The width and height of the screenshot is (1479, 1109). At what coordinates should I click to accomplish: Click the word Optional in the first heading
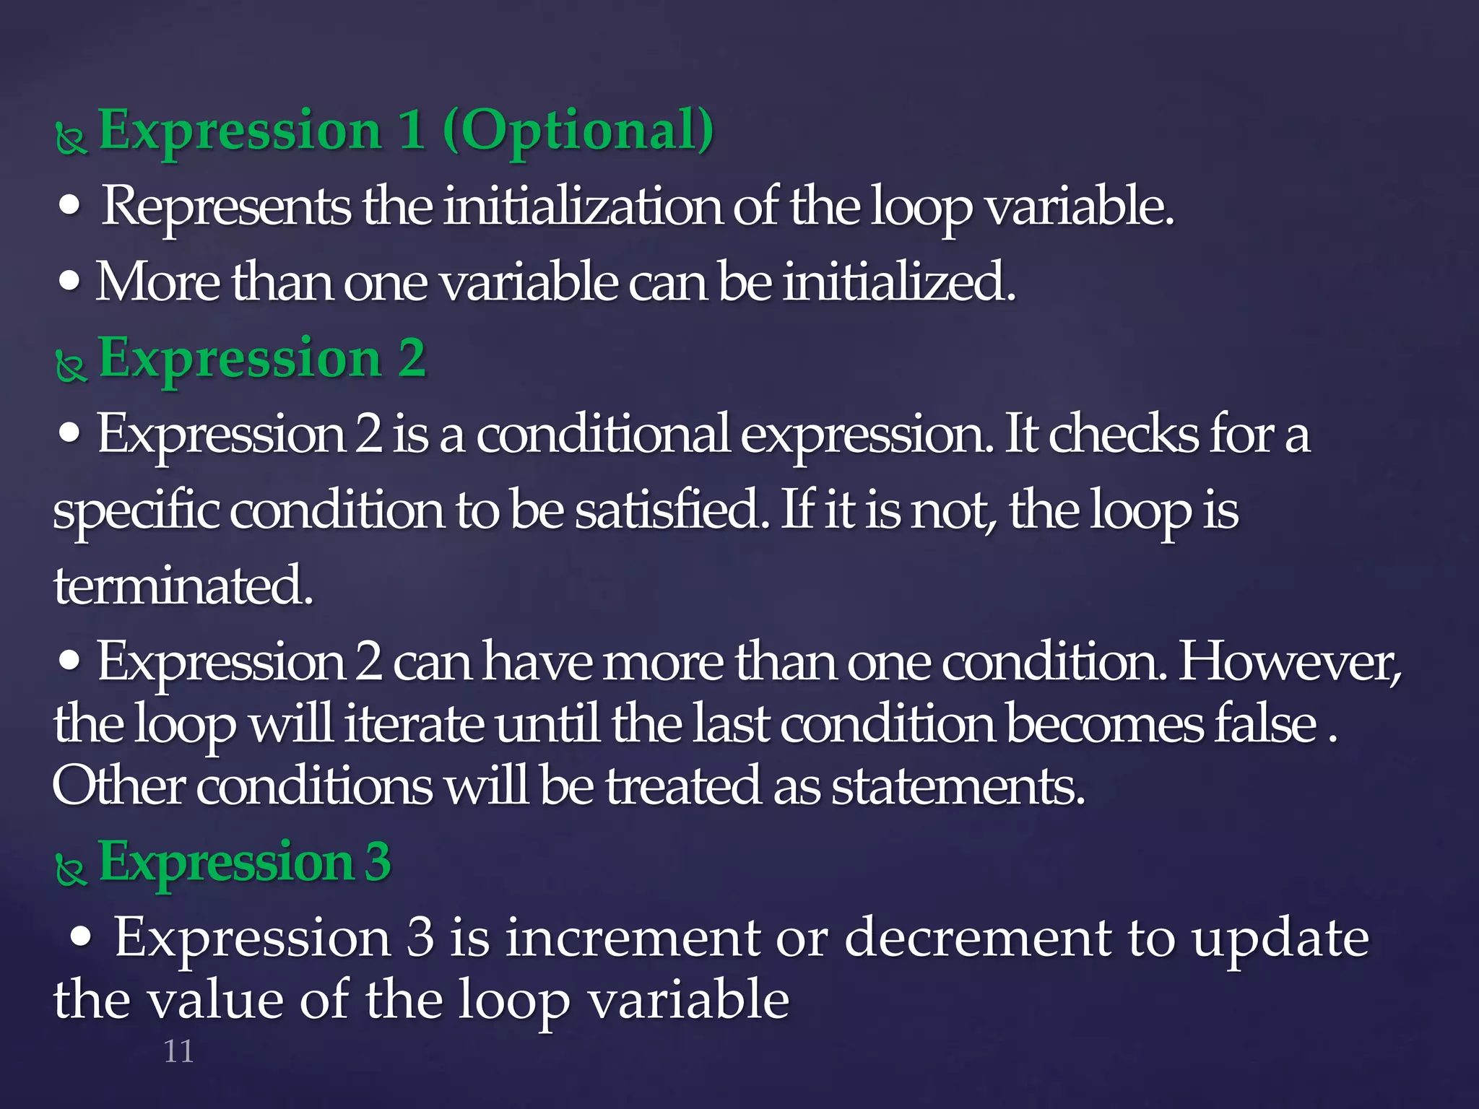pos(578,131)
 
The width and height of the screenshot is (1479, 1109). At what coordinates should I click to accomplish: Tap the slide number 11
pos(178,1052)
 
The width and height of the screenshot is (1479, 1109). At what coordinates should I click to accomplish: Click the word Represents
pos(226,207)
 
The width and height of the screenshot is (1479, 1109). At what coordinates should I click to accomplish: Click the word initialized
pos(899,282)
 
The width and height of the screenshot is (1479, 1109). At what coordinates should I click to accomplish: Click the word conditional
pos(603,435)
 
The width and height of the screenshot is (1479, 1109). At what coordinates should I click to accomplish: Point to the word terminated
pos(183,586)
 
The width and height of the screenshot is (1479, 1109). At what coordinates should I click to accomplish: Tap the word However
pos(1290,662)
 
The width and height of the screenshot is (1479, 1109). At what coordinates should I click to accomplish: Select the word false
pos(1267,724)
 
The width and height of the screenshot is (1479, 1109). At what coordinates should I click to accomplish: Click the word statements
pos(958,786)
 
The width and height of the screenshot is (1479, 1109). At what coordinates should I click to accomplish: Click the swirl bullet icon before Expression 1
pos(71,139)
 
